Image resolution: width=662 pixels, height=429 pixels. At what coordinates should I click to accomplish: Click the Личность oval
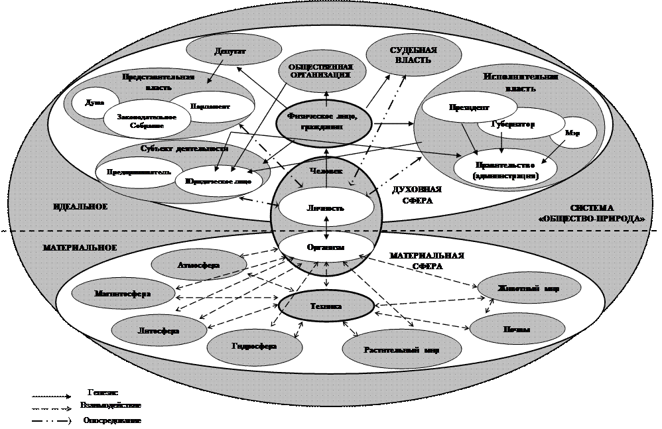point(325,208)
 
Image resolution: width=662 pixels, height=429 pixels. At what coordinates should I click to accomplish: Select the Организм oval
point(325,247)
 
